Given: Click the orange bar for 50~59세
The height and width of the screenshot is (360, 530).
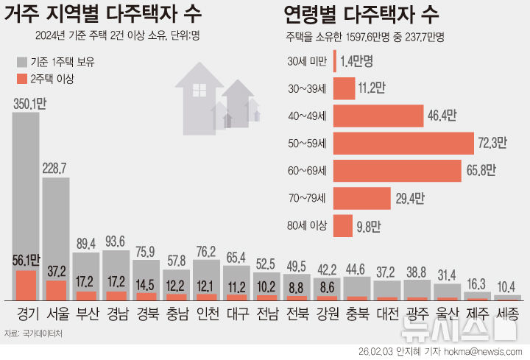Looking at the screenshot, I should [403, 144].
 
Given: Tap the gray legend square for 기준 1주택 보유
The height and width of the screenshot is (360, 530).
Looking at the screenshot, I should [21, 60].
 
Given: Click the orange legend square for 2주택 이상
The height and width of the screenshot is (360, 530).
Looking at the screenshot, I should [21, 77].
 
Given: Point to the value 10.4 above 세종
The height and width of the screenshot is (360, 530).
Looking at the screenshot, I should [507, 286].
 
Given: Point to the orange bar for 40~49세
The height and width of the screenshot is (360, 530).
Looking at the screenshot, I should [378, 116].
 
